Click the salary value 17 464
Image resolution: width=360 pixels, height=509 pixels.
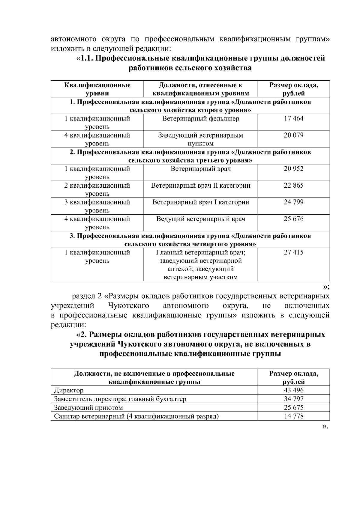[x=293, y=119]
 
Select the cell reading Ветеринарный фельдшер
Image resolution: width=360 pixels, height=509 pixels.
[x=200, y=119]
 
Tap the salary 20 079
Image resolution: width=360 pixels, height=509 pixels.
[x=293, y=135]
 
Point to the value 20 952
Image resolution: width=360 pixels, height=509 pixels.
[x=293, y=169]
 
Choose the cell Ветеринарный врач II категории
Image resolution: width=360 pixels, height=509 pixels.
[x=200, y=186]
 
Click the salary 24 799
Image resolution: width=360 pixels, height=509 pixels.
[x=293, y=202]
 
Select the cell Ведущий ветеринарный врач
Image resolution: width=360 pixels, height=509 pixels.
[x=200, y=219]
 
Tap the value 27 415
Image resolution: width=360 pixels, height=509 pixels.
[x=293, y=252]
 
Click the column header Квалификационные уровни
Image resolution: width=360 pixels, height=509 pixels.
[x=97, y=89]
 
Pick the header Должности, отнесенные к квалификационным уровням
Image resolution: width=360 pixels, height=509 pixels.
[x=200, y=89]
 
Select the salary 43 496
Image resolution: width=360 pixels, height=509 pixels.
[x=293, y=390]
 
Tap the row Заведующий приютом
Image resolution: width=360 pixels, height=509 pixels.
[x=88, y=408]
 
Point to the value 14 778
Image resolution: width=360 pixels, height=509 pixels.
[x=293, y=416]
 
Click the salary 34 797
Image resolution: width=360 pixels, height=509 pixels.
[x=293, y=399]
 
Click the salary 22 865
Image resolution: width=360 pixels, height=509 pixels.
[x=293, y=186]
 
